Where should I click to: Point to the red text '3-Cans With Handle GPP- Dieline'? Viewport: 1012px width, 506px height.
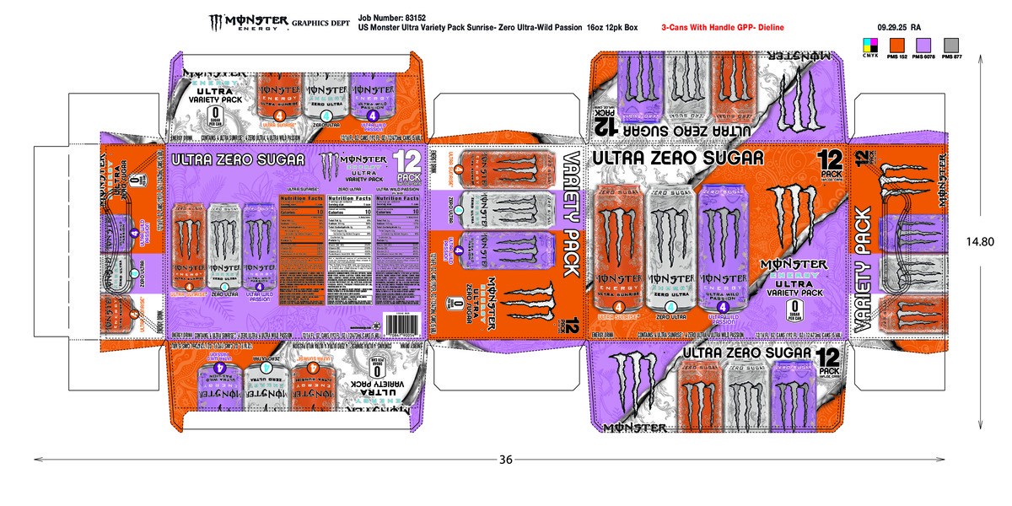[x=724, y=28]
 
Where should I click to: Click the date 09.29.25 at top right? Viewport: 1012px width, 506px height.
[x=892, y=27]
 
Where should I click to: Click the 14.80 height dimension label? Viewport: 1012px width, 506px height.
[x=981, y=241]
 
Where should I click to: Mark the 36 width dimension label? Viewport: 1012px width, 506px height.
[x=505, y=460]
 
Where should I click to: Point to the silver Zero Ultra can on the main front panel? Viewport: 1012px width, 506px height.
[x=670, y=249]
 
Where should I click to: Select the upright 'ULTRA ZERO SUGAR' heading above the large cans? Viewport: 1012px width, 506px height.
[x=679, y=158]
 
